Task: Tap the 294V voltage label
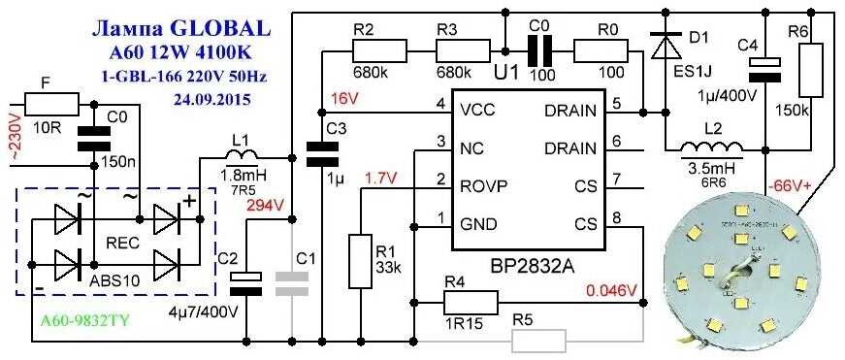pos(265,206)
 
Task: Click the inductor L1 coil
pos(241,156)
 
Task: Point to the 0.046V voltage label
pos(610,290)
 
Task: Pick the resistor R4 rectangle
pos(471,304)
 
